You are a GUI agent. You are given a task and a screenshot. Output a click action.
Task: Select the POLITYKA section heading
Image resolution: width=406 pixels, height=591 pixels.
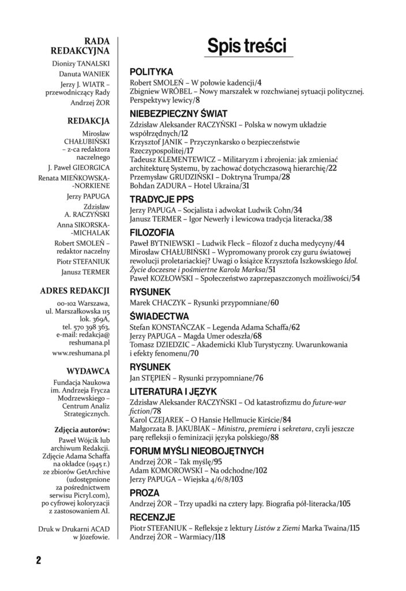click(x=152, y=73)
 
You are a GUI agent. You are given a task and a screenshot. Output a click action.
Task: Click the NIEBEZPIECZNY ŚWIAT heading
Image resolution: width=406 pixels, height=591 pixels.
click(x=178, y=114)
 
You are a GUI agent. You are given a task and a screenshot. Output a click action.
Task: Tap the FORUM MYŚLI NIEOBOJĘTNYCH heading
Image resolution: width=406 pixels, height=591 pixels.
click(x=197, y=451)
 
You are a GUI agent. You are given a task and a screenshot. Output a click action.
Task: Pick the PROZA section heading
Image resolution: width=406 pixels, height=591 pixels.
click(x=145, y=493)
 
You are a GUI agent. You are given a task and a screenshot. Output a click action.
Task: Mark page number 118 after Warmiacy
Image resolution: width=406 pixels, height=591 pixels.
click(x=218, y=536)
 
